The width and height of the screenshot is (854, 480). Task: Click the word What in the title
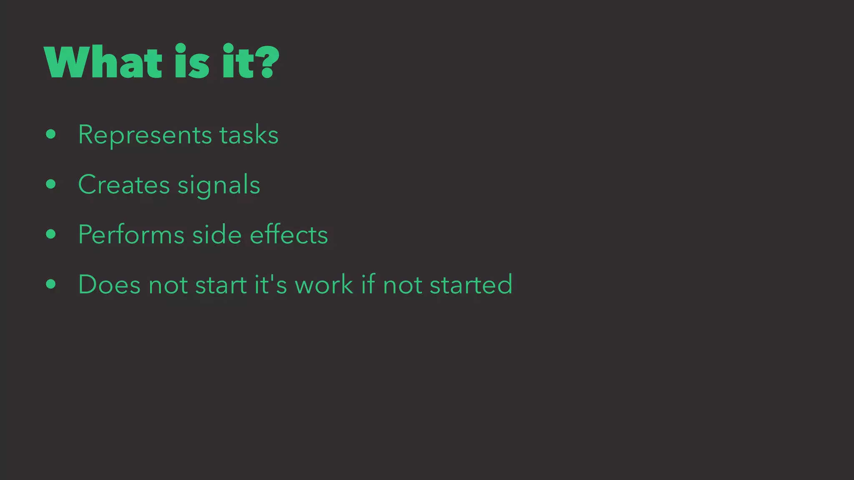point(103,62)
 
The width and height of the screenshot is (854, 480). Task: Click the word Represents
point(145,135)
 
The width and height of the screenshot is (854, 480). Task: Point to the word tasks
point(249,135)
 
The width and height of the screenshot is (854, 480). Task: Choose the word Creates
point(124,185)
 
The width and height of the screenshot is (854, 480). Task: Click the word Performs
point(131,234)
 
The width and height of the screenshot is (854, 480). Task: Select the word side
point(217,234)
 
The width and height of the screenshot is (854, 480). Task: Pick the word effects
point(289,234)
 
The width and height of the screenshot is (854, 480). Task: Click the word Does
point(109,284)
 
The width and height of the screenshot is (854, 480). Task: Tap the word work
point(324,284)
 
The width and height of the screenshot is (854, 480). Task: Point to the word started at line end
point(471,284)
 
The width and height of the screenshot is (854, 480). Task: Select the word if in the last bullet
point(368,284)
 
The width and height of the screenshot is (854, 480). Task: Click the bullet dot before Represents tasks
point(51,134)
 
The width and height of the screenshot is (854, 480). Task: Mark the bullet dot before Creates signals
point(51,184)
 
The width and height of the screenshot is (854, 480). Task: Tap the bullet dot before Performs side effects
point(51,234)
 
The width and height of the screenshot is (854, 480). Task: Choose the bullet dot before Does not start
point(51,284)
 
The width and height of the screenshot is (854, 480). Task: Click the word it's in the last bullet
point(271,284)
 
